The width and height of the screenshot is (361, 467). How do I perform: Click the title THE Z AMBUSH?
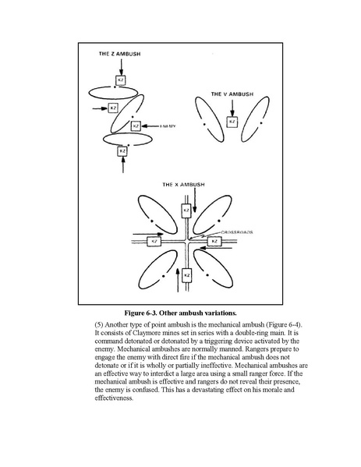point(119,54)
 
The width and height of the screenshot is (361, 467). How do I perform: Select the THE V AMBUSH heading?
point(232,94)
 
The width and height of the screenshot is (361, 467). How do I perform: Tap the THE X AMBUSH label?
point(183,185)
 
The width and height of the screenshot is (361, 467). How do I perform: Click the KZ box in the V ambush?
point(232,122)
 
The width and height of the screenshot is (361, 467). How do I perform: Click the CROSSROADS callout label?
point(237,232)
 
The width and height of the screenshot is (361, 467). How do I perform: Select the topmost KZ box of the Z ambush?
point(120,80)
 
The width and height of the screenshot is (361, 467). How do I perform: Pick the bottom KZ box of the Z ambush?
point(122,151)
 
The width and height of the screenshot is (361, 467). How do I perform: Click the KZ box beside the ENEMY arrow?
point(136,126)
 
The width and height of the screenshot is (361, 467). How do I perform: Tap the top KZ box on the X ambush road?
point(186,211)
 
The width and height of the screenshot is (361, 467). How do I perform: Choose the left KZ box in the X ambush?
point(154,242)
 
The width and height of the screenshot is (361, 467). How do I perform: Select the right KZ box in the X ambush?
point(214,242)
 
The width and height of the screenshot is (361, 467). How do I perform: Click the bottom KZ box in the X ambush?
point(186,275)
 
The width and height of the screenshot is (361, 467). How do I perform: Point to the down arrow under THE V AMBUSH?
point(232,108)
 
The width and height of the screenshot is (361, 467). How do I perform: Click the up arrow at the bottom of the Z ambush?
point(122,165)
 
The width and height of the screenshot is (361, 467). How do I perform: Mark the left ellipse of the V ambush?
point(210,119)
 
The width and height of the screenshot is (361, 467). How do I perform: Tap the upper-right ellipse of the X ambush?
point(212,214)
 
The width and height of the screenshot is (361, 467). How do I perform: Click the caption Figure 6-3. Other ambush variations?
point(181,313)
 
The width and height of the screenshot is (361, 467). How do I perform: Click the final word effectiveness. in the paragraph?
point(114,398)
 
